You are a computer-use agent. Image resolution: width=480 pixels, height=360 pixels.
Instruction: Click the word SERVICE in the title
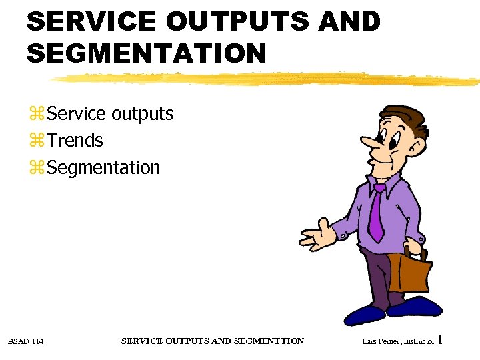90,21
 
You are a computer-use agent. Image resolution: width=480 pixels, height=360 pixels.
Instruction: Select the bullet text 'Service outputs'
111,114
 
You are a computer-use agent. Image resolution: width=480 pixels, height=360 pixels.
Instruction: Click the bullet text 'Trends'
75,141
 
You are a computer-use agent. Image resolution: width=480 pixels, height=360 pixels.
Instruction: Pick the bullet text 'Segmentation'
104,167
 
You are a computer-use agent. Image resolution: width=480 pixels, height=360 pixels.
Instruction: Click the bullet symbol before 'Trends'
37,141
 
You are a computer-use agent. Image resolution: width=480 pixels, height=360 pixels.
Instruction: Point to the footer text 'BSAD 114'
25,341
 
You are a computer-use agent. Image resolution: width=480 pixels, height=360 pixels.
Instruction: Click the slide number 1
440,341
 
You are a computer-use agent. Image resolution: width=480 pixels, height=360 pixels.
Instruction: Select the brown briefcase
414,273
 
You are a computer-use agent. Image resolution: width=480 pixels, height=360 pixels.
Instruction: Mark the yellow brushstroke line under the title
267,79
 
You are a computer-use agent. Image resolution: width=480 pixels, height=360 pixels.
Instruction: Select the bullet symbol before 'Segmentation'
37,168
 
